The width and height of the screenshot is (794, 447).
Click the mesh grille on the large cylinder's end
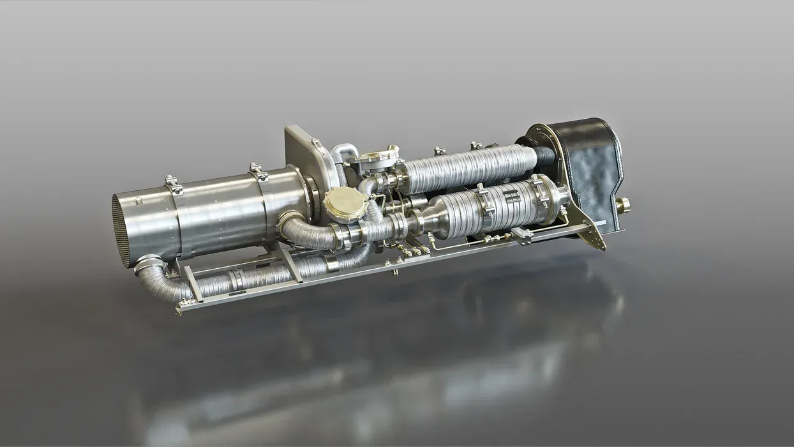121,230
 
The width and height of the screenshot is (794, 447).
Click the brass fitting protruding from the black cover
622,205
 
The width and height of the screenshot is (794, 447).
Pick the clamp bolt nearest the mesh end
173,183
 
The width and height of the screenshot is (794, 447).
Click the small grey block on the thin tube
521,235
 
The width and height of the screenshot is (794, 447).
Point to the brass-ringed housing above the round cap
377,158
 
